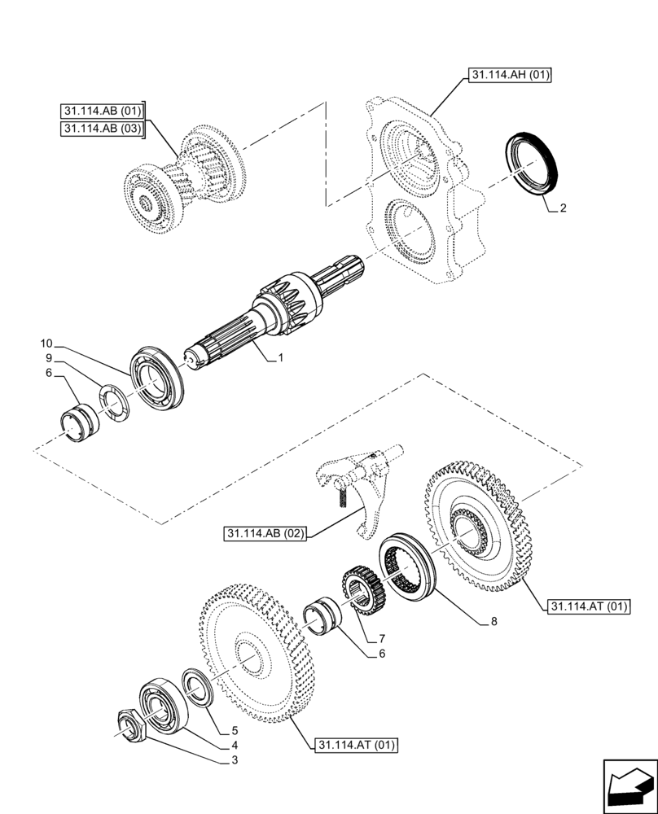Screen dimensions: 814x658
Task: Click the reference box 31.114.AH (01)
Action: click(511, 77)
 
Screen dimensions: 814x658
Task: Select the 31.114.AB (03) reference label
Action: click(103, 129)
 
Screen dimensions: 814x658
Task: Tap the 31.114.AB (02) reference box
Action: click(265, 534)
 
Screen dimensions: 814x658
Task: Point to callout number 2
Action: click(562, 208)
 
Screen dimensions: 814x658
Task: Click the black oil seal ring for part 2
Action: click(532, 162)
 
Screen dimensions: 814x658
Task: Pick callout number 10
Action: click(46, 343)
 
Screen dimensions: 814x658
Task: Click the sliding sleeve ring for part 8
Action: click(411, 567)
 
